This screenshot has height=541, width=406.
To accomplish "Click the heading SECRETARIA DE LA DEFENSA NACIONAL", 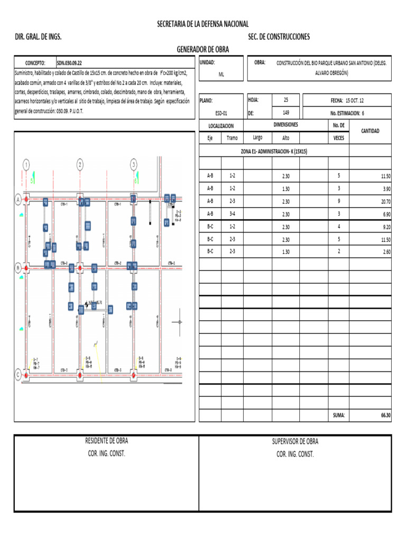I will (202, 24).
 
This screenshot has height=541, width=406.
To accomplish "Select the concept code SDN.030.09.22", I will (69, 62).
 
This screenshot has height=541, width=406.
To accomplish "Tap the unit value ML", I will (222, 74).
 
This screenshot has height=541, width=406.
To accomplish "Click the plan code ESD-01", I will (222, 113).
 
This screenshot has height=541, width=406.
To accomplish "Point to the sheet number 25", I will (286, 100).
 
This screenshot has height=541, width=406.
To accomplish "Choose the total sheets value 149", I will (286, 113).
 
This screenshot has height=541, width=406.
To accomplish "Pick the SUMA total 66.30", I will (385, 416).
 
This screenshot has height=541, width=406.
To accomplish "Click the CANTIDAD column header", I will (370, 131).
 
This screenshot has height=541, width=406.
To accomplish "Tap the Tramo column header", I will (232, 138).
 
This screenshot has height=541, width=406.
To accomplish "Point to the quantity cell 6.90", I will (385, 214).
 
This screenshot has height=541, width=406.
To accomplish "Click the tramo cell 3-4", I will (232, 214).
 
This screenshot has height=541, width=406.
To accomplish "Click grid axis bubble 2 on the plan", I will (80, 165).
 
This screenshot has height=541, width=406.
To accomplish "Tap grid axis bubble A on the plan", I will (19, 200).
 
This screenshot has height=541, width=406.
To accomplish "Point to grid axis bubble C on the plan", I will (19, 375).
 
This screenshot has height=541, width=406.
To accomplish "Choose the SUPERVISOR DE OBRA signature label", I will (295, 442).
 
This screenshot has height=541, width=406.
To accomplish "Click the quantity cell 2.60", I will (385, 252).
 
